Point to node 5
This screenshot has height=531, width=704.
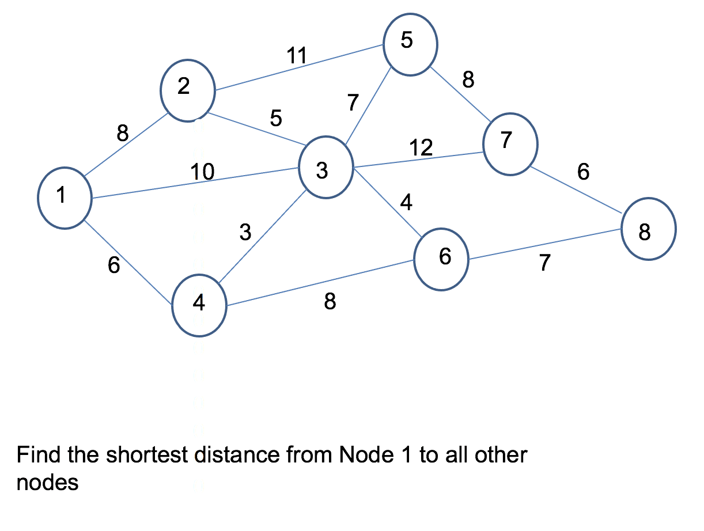(410, 44)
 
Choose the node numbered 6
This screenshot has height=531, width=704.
(441, 260)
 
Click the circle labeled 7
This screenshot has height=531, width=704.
(510, 144)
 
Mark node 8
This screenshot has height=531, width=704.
(648, 229)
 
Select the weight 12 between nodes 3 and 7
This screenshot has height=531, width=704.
(421, 148)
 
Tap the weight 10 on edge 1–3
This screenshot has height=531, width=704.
(202, 171)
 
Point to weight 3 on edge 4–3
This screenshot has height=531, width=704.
(246, 232)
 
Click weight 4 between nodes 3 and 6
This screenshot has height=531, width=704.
(406, 203)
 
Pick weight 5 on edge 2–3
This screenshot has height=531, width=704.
(276, 118)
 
